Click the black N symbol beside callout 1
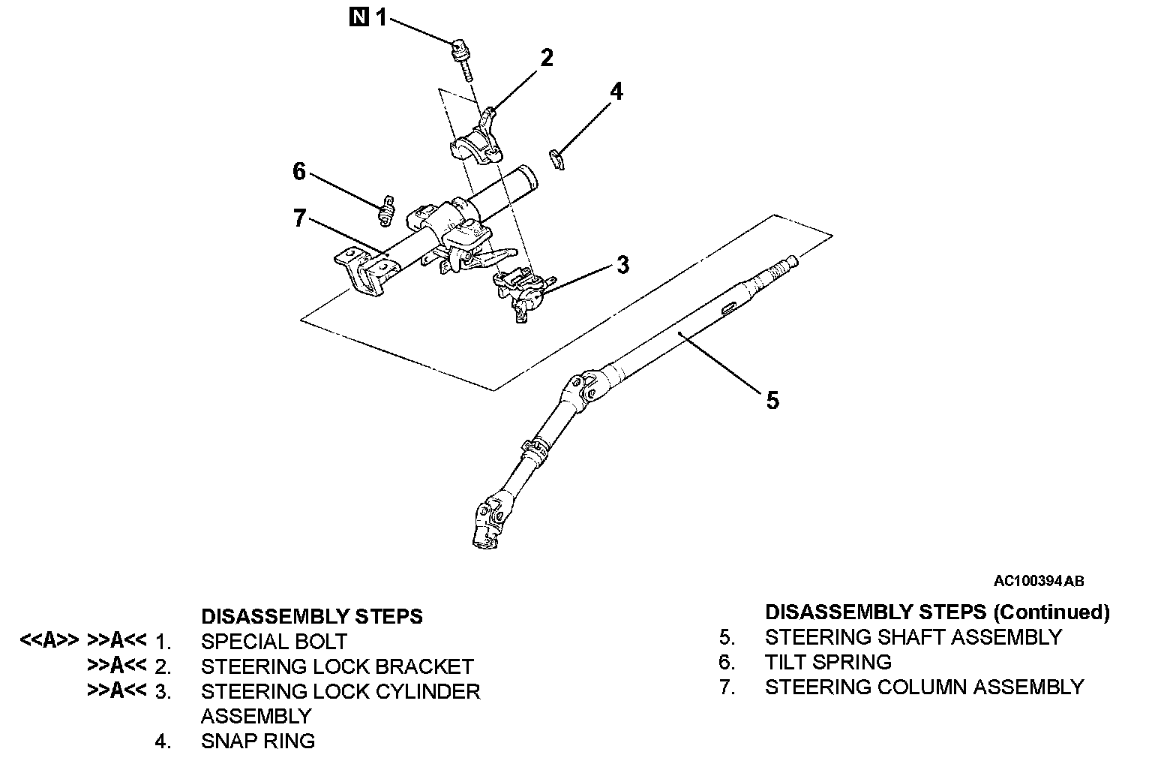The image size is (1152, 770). (359, 16)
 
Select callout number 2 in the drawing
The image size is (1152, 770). (547, 58)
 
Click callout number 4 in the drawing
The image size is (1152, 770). (616, 92)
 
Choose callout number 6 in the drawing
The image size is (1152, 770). (299, 172)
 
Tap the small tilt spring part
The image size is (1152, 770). (387, 210)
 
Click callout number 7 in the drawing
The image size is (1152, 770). (299, 218)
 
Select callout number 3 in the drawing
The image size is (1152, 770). (622, 265)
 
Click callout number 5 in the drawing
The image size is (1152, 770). (772, 401)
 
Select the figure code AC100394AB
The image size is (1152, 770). (1039, 581)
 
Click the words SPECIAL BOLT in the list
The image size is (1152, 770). (274, 642)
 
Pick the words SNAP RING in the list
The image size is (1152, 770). (258, 741)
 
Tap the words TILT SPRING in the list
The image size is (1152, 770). (828, 662)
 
